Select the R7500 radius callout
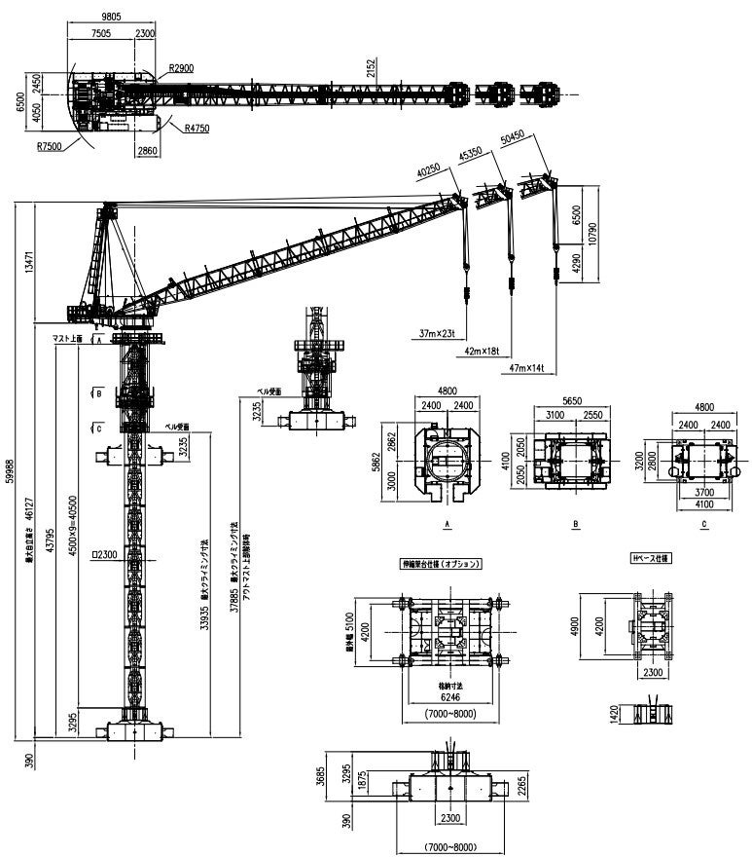[50, 147]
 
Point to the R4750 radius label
[197, 128]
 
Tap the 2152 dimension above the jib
[371, 68]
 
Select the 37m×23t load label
[438, 335]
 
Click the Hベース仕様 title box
[652, 558]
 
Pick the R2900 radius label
[180, 68]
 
